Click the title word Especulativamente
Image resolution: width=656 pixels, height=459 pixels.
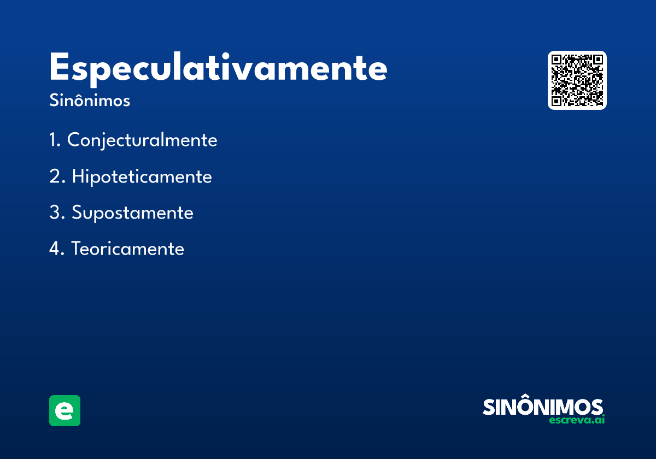tap(218, 69)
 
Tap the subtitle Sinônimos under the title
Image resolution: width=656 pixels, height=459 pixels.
tap(90, 100)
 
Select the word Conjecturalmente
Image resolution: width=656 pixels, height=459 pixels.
tap(142, 140)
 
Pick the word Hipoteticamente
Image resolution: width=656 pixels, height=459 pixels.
tap(142, 177)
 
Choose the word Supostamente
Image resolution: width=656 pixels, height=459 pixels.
tap(132, 213)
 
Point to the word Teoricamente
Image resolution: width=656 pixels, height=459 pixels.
tap(128, 249)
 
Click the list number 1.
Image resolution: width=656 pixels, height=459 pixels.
tap(55, 139)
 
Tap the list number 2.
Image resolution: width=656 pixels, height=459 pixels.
tap(57, 176)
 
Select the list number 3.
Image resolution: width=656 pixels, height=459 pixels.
tap(57, 212)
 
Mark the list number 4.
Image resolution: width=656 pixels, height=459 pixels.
tap(56, 248)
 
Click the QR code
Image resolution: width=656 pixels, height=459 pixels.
tap(577, 80)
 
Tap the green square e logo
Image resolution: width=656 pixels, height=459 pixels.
tap(65, 410)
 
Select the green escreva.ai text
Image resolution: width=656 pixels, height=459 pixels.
tap(577, 420)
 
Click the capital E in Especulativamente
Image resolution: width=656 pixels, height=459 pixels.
tap(59, 66)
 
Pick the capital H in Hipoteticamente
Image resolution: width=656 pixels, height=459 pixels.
tap(78, 176)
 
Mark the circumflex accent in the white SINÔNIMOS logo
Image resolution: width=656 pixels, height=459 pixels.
tap(528, 396)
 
